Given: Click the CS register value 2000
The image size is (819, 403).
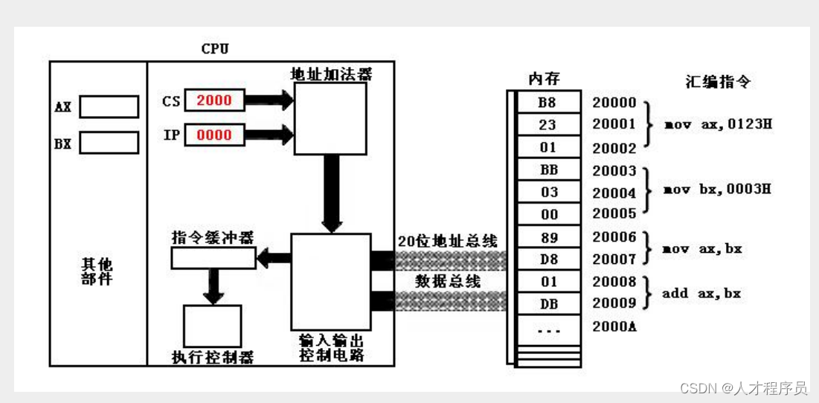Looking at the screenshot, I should click(214, 100).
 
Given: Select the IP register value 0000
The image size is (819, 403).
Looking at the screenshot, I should click(214, 135).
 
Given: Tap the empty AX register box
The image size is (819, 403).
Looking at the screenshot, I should click(109, 107).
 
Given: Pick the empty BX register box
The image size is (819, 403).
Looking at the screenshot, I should click(109, 142).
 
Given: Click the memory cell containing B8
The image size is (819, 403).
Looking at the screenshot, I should click(547, 103).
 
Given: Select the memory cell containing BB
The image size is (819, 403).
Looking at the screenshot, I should click(547, 170).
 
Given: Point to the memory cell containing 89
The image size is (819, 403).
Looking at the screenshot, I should click(547, 237).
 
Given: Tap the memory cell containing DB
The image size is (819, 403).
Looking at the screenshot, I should click(547, 304).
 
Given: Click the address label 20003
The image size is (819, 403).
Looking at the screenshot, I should click(614, 170).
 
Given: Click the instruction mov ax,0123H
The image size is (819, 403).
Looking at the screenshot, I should click(717, 123).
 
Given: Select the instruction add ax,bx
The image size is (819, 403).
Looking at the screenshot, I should click(701, 293).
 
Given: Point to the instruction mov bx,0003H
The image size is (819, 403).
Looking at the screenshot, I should click(717, 189).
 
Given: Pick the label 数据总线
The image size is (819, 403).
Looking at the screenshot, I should click(447, 281).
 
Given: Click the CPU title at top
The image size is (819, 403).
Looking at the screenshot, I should click(215, 48).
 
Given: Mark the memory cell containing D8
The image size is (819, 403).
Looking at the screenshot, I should click(547, 259).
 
